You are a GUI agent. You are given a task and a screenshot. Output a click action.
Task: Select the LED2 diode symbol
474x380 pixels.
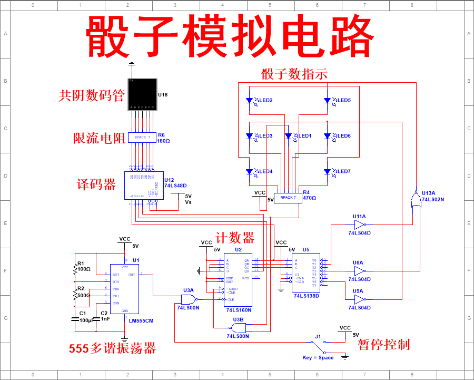250,100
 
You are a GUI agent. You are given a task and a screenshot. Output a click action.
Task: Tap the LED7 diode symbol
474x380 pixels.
327,171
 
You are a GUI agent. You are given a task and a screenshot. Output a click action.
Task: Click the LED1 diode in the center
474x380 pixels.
288,136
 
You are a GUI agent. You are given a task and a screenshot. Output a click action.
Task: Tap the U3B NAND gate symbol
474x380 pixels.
238,327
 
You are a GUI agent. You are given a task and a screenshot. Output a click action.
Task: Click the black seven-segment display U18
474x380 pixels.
142,95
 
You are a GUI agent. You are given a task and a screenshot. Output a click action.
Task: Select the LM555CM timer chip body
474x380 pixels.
124,288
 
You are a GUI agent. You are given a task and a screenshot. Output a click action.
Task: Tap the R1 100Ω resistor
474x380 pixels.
75,269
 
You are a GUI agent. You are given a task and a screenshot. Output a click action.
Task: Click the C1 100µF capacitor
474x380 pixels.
75,319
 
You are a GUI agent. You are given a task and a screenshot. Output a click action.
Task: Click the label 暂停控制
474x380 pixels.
383,345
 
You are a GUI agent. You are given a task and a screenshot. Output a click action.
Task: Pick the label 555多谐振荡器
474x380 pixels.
112,348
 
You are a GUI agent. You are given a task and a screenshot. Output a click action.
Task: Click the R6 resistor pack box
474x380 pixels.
142,138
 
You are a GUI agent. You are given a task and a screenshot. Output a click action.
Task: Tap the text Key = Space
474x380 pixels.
318,358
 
